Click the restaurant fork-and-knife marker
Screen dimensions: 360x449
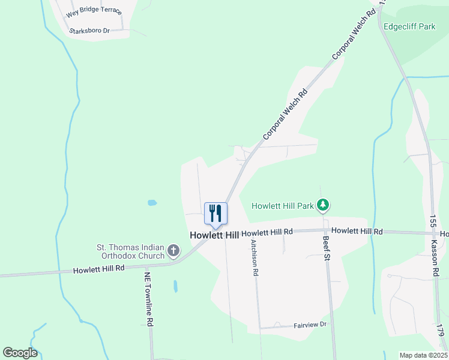216,213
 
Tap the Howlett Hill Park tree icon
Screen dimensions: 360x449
324,206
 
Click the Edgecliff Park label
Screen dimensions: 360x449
409,27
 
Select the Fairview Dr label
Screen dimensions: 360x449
310,325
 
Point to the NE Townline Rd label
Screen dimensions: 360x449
148,299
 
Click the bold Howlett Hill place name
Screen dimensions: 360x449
214,235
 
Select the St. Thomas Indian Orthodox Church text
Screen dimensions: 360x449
131,251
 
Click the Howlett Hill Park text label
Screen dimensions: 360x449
283,206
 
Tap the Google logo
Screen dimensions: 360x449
20,353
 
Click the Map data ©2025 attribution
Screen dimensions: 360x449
423,355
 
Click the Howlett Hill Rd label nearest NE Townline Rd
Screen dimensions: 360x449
98,269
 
